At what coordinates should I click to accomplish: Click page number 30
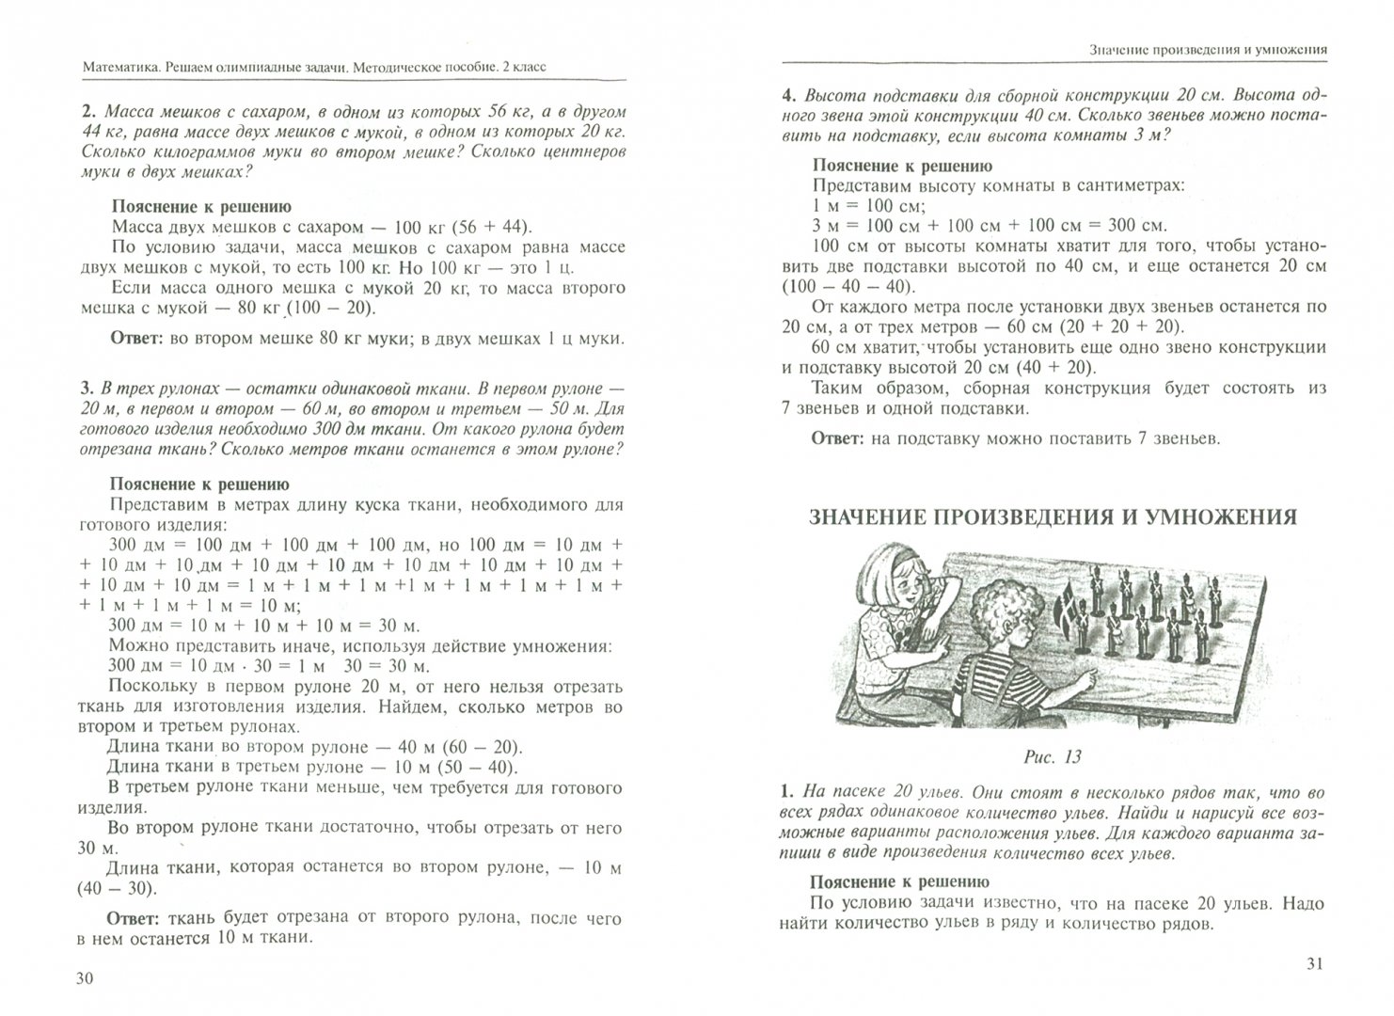[84, 979]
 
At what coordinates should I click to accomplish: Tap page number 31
[1315, 964]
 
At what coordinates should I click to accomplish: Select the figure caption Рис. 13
[1052, 756]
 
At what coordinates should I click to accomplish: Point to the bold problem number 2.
[87, 108]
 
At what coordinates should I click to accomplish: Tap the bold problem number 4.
[787, 95]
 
